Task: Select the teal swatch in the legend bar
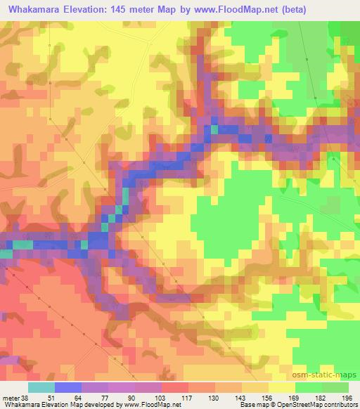click(x=41, y=387)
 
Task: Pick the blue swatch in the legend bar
click(x=68, y=387)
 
